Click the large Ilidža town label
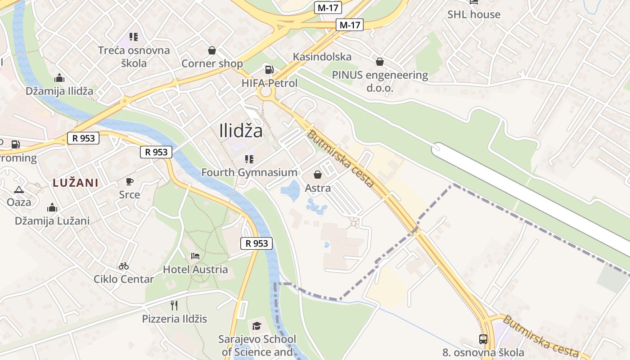point(241,131)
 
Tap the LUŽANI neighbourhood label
point(75,183)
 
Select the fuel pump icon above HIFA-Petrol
point(269,69)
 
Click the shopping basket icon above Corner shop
point(211,50)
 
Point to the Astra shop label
point(318,188)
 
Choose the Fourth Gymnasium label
point(249,172)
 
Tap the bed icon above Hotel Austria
point(195,256)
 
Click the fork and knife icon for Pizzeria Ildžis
point(174,306)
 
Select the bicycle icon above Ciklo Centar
point(123,266)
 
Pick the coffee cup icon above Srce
point(130,182)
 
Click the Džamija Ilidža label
point(59,91)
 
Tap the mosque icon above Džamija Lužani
point(52,207)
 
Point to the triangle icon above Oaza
point(18,189)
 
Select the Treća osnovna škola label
point(134,57)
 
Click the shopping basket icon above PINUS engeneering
point(380,61)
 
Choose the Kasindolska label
point(322,57)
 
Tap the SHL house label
point(473,14)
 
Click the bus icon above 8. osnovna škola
point(483,339)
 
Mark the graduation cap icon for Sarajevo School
point(256,325)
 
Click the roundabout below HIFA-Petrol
point(266,92)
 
